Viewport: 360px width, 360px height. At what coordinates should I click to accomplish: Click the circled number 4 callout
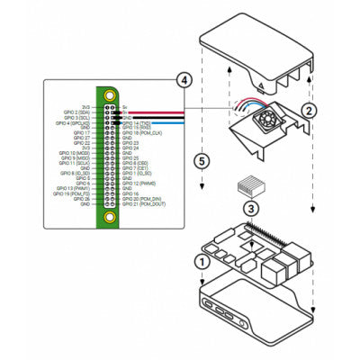[184, 80]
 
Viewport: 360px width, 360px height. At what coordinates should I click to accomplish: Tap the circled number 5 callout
[203, 162]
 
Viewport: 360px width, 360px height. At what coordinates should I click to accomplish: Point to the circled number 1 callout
[203, 261]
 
